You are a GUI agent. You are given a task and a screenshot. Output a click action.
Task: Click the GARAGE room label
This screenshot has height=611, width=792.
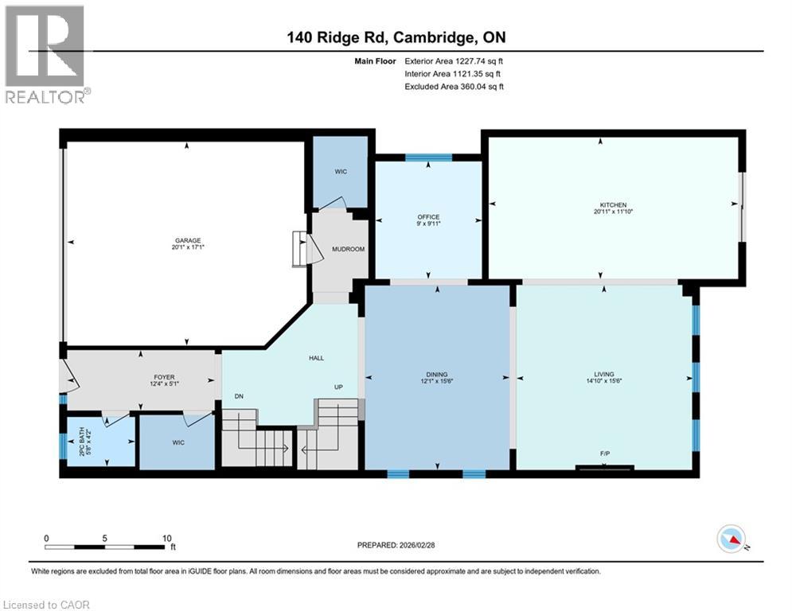pyautogui.click(x=188, y=240)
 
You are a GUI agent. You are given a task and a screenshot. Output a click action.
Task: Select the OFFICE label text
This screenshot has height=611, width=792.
pyautogui.click(x=429, y=217)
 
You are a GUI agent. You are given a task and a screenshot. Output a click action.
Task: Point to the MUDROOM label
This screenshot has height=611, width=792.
pyautogui.click(x=348, y=249)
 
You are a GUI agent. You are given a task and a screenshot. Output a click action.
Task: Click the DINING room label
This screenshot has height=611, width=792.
pyautogui.click(x=436, y=374)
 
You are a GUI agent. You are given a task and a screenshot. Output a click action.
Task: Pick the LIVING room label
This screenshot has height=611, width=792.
pyautogui.click(x=605, y=374)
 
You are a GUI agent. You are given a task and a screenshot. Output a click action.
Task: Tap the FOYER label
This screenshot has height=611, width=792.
pyautogui.click(x=164, y=377)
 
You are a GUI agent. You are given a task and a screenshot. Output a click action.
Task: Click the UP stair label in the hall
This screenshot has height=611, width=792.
pyautogui.click(x=338, y=387)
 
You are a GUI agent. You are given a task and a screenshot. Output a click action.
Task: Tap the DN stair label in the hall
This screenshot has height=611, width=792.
pyautogui.click(x=238, y=395)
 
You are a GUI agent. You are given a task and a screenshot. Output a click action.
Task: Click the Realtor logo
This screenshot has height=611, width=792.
pyautogui.click(x=45, y=54)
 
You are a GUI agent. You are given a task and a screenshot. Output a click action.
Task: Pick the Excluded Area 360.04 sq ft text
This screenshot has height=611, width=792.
pyautogui.click(x=455, y=87)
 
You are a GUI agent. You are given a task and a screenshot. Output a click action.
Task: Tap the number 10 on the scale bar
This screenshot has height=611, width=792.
pyautogui.click(x=166, y=538)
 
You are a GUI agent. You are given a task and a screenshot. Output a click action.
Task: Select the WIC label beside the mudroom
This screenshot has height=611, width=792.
pyautogui.click(x=341, y=172)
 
